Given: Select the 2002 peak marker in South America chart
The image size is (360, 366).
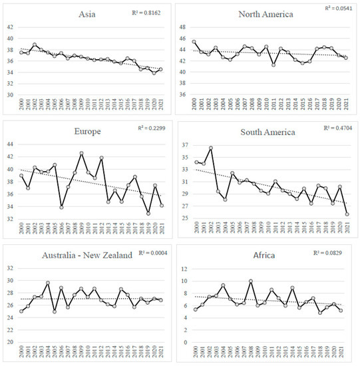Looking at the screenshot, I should [211, 148].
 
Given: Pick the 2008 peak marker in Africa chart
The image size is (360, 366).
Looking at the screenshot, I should [251, 281].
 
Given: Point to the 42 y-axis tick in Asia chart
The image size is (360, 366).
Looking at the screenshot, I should [9, 27].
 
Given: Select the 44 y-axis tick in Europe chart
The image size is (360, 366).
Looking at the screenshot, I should [9, 144].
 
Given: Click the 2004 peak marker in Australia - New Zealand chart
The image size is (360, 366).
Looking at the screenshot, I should [48, 283].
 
